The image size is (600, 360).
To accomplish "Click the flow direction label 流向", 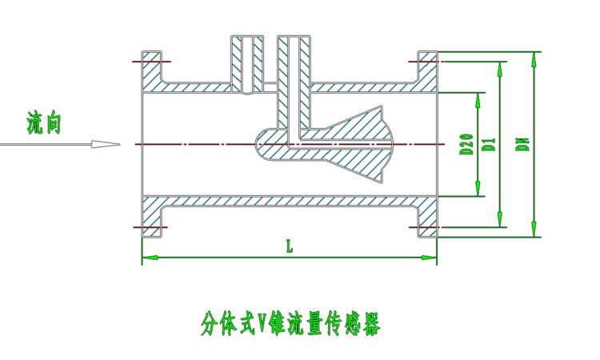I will point(43,123).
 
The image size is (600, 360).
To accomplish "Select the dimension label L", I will point(290,247).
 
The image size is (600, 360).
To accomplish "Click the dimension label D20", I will point(465,144).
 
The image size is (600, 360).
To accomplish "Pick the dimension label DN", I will point(521,144).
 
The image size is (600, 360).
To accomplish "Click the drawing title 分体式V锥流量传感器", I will point(290,324).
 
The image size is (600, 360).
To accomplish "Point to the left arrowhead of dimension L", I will point(147,258).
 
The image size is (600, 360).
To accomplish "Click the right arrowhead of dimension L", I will point(432,258).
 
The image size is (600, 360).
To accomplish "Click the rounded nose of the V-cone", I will point(262,145).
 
